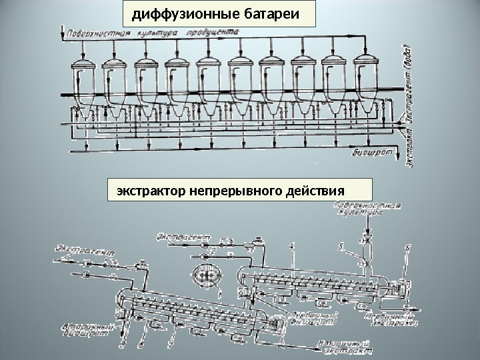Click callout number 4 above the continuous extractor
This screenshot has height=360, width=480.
coord(291,247)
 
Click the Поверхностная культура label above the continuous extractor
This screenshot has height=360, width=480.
coord(363,210)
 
